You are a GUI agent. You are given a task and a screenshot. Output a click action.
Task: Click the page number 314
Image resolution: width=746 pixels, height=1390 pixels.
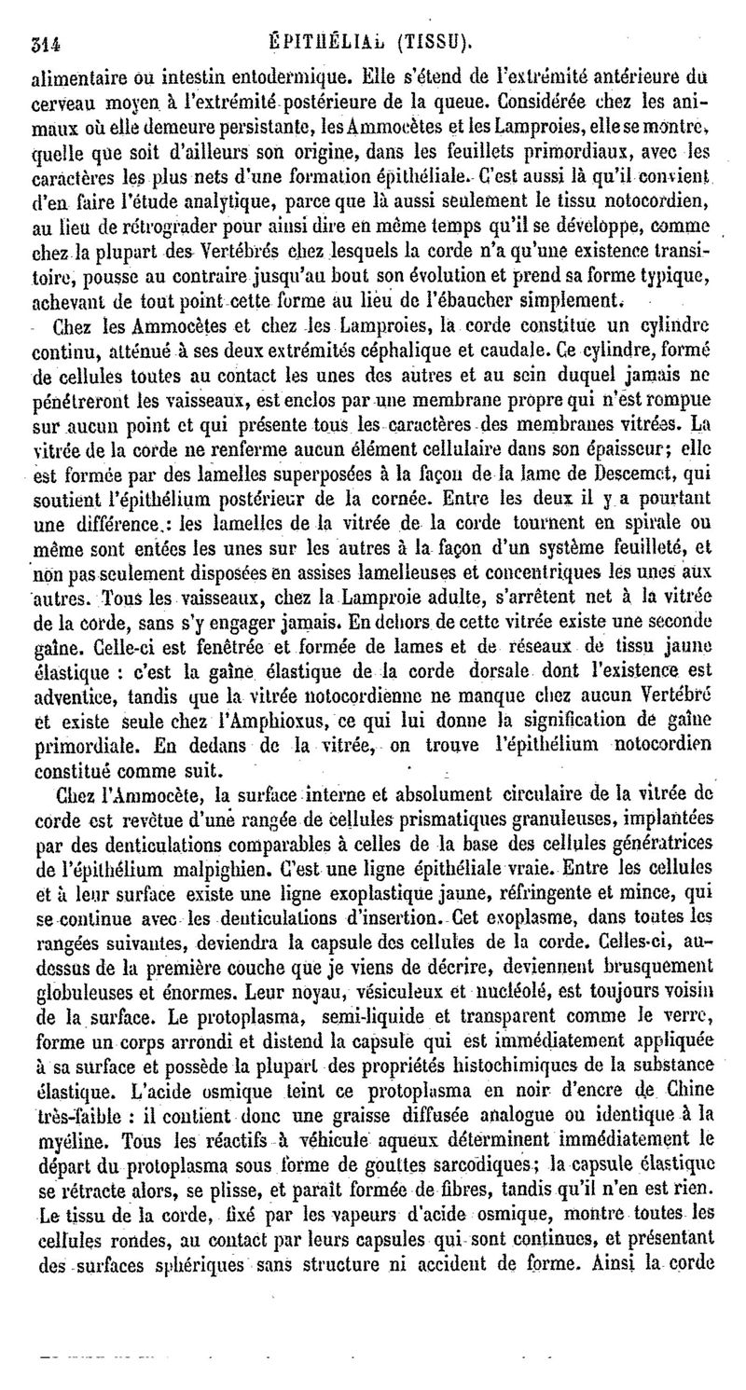tap(46, 42)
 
